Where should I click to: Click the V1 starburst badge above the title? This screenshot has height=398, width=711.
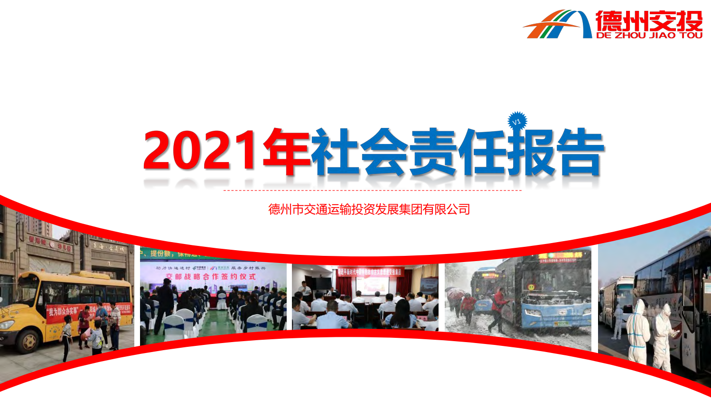(517, 121)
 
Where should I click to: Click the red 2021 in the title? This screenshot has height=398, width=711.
(202, 151)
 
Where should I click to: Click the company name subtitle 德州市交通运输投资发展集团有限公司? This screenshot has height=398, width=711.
(369, 209)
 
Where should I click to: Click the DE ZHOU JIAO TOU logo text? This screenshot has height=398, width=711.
(649, 35)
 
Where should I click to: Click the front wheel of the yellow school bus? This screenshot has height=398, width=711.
(28, 341)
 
